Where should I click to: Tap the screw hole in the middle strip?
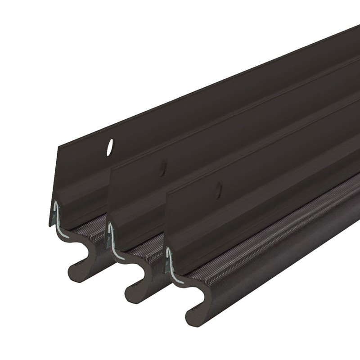click(x=163, y=167)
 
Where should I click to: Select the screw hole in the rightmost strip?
click(x=219, y=189)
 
